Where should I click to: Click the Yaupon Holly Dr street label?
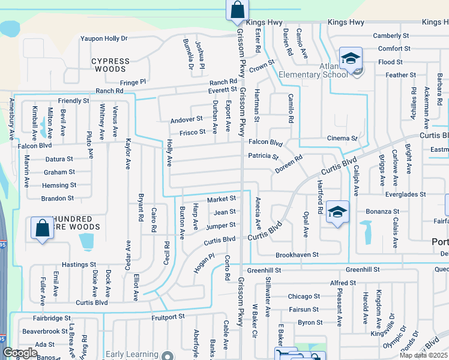coord(104,38)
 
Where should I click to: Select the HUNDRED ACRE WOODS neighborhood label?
coord(76,223)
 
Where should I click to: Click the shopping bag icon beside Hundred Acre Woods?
coord(42,229)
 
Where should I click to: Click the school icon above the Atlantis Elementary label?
coord(350,58)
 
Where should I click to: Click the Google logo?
coord(20,353)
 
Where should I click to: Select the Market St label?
coord(221,199)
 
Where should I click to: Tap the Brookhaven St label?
coord(297,255)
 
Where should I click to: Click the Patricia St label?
coord(264,157)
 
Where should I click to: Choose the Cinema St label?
coord(342,139)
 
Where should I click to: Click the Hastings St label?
coord(79,264)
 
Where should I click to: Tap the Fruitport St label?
coord(169,316)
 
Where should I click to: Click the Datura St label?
coord(59,160)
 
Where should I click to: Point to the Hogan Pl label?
coord(203,262)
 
